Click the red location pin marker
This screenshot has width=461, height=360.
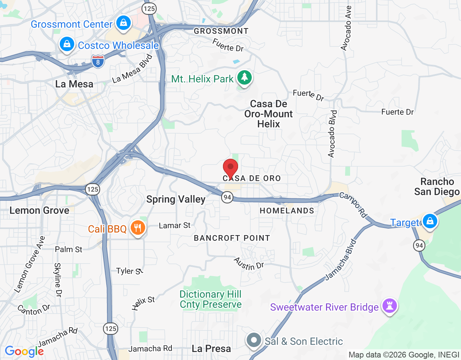230,168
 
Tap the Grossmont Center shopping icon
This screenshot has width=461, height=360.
124,23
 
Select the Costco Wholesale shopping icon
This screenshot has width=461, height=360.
67,45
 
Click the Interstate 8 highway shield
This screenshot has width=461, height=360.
98,62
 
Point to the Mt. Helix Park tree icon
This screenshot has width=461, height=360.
245,77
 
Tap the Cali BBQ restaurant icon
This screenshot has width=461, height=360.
138,228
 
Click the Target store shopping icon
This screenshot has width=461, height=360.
430,221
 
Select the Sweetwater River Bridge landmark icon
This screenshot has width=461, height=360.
389,306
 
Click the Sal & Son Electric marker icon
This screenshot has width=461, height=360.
254,340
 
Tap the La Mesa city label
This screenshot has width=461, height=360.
74,84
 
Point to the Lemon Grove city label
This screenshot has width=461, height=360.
39,210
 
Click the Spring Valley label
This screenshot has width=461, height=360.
176,199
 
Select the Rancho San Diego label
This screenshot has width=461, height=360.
437,186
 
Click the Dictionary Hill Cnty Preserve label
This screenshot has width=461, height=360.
211,299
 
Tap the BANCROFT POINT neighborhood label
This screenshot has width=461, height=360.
232,238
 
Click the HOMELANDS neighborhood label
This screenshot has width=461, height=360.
287,211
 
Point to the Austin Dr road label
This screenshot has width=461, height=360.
249,264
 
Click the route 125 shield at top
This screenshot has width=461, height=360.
149,9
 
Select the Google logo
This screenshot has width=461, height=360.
24,351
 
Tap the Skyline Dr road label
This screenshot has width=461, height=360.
58,280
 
